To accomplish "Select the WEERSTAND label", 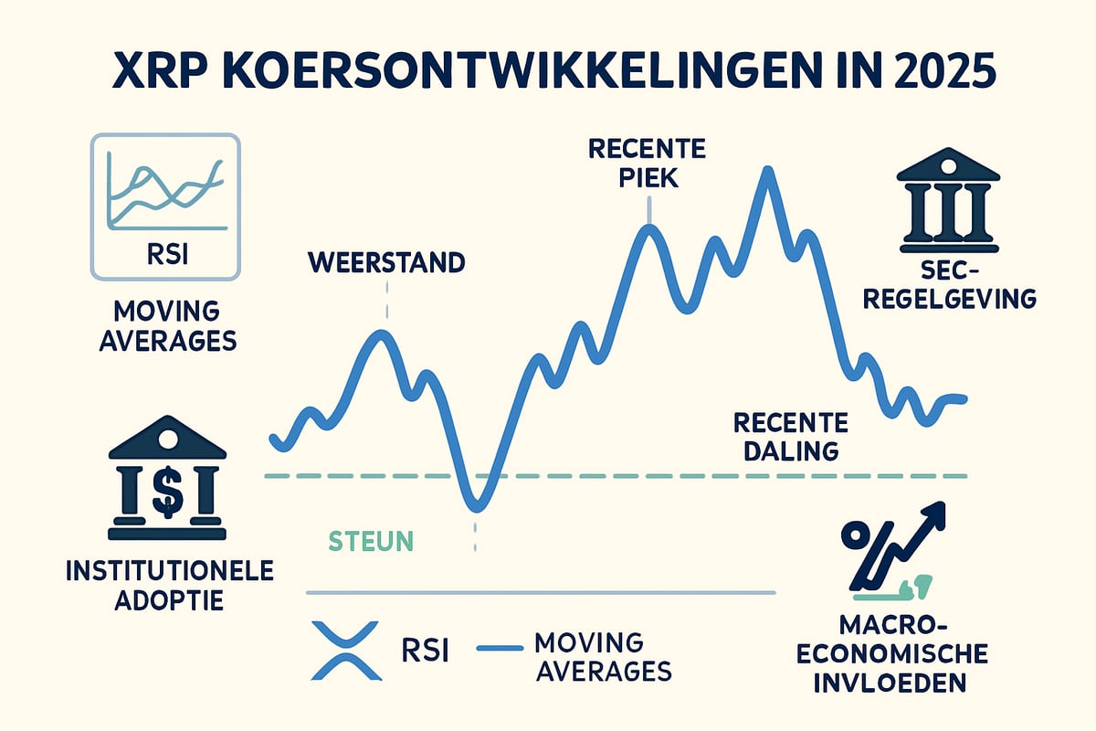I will click(386, 262).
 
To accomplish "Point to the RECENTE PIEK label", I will click(648, 162).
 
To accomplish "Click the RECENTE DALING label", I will click(791, 436).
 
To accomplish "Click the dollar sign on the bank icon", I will click(167, 492).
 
